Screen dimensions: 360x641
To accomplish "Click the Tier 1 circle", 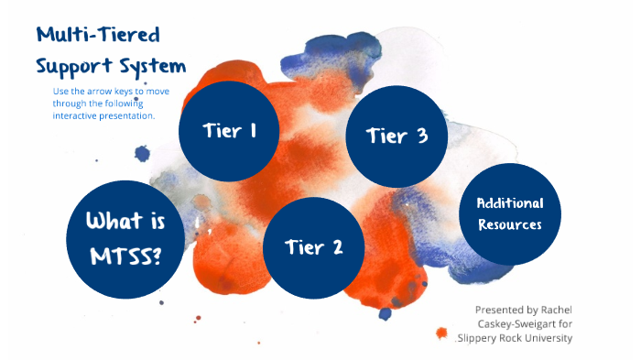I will [x=227, y=131].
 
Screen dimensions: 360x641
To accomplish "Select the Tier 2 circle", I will [x=313, y=246].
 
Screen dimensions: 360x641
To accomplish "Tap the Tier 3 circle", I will [x=396, y=136].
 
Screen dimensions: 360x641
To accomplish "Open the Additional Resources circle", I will [x=508, y=213].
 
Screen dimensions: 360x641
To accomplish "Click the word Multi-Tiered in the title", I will [x=98, y=37].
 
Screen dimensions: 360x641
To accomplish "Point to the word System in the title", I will [x=152, y=67].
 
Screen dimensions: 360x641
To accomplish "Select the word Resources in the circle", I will [x=509, y=224].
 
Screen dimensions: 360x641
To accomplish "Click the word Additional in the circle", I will [x=510, y=202].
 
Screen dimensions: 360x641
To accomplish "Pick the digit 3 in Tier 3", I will [x=420, y=136].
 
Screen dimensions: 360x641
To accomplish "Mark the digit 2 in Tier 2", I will [x=336, y=246].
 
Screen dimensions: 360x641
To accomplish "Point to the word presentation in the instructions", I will [x=126, y=116].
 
